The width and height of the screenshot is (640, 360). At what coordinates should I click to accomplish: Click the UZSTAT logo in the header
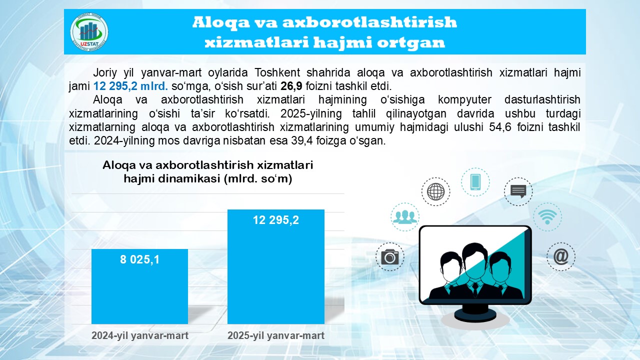(89, 32)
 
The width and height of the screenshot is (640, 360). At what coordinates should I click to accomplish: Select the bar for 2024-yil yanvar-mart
(139, 286)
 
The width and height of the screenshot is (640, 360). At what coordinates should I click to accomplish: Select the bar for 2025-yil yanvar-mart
(276, 267)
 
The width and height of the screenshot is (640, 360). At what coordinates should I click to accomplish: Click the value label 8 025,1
(139, 259)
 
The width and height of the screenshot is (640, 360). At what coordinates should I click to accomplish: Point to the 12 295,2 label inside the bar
(276, 220)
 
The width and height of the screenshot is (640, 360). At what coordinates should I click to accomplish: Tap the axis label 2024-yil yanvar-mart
(139, 335)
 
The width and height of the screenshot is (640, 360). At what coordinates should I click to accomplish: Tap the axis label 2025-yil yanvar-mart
(276, 335)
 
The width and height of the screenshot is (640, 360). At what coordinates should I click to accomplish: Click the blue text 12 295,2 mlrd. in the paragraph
(130, 86)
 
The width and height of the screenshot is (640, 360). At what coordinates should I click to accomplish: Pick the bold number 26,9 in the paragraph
(291, 86)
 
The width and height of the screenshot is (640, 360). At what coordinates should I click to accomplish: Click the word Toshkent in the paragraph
(277, 72)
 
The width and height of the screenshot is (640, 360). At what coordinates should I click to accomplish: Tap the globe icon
(435, 191)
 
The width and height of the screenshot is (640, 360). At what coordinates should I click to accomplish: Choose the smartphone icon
(475, 182)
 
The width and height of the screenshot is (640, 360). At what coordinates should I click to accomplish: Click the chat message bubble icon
(518, 191)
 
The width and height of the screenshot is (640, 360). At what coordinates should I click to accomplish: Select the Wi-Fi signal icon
(547, 217)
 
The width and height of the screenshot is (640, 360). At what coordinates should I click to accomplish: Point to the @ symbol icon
(561, 256)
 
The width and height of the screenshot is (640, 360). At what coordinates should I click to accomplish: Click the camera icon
(389, 256)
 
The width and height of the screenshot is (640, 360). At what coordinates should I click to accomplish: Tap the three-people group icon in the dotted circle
(405, 217)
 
